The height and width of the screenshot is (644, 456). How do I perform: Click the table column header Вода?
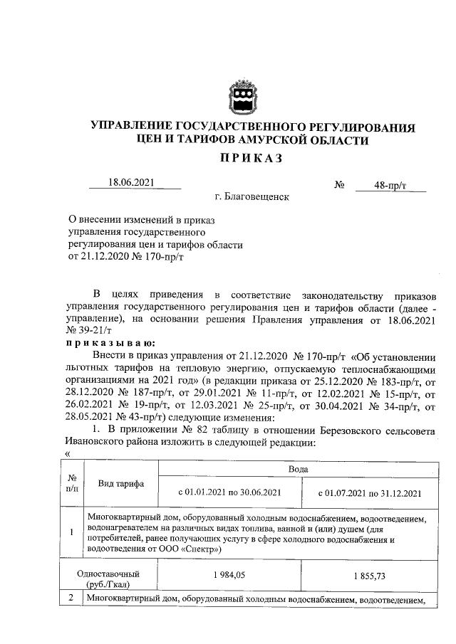(x=298, y=470)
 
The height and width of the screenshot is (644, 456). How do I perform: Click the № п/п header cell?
(x=72, y=484)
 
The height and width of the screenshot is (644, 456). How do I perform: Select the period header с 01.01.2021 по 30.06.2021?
(x=229, y=492)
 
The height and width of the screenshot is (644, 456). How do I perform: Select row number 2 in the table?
(x=72, y=599)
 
